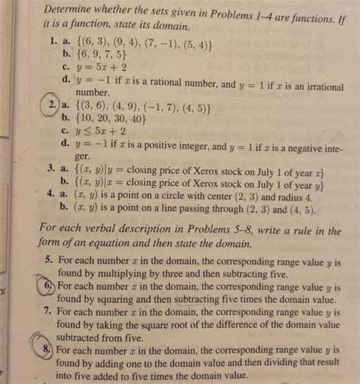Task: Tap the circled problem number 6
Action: (48, 287)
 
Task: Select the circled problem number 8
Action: (47, 350)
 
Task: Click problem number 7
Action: (47, 312)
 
